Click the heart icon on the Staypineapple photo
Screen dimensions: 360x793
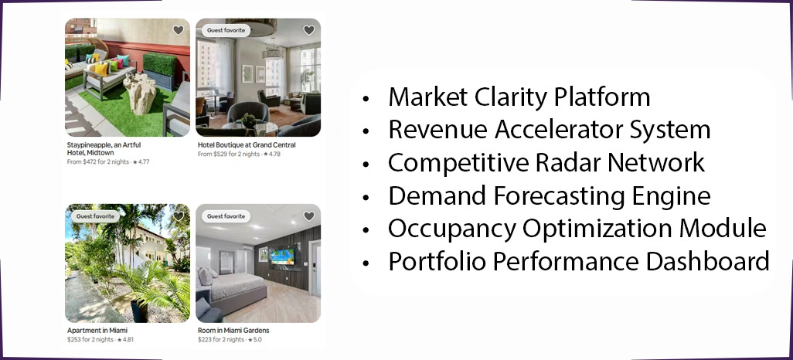pos(179,30)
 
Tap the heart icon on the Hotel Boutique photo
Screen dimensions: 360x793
pos(309,30)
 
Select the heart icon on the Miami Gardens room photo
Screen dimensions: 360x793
pos(309,216)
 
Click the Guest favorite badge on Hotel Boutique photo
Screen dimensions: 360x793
pos(225,30)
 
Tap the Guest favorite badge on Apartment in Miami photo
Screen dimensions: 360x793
pos(94,216)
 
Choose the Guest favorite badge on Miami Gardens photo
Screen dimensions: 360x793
pos(225,216)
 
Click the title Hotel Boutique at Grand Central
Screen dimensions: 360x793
pos(247,145)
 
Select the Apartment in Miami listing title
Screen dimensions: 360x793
pos(97,331)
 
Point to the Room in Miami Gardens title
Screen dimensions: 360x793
pos(233,331)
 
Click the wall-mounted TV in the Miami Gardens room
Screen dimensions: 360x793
pos(281,256)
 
